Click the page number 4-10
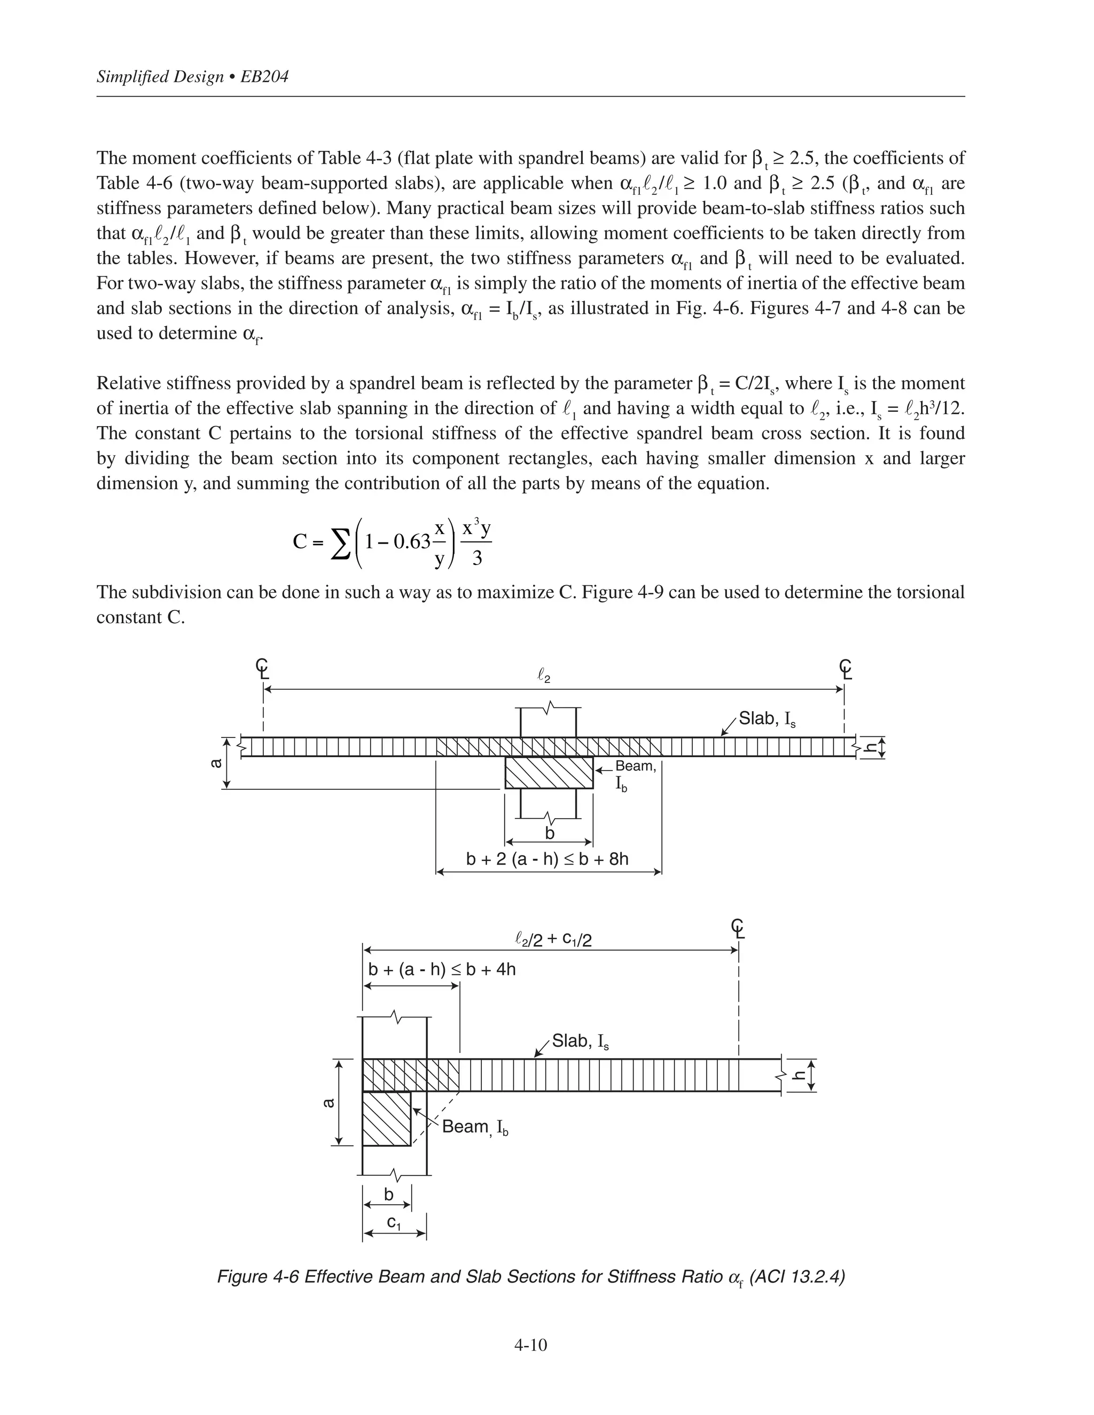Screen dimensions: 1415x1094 (x=530, y=1345)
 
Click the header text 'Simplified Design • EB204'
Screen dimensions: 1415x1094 (x=192, y=77)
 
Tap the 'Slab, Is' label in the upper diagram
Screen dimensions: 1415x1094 (x=767, y=719)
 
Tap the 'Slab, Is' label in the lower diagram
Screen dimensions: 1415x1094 (x=580, y=1041)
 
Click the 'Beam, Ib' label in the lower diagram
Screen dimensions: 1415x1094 (x=474, y=1127)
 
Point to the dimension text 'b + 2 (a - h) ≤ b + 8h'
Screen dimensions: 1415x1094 (x=548, y=859)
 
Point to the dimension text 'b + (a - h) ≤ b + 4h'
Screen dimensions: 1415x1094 (x=442, y=970)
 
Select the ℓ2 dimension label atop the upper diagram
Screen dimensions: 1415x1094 (x=544, y=677)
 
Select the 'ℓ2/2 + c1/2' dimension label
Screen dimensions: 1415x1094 (x=553, y=939)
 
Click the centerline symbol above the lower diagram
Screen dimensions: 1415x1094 (x=738, y=928)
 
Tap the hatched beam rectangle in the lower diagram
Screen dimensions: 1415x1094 (x=386, y=1118)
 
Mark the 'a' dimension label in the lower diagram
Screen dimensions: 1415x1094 (x=329, y=1103)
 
